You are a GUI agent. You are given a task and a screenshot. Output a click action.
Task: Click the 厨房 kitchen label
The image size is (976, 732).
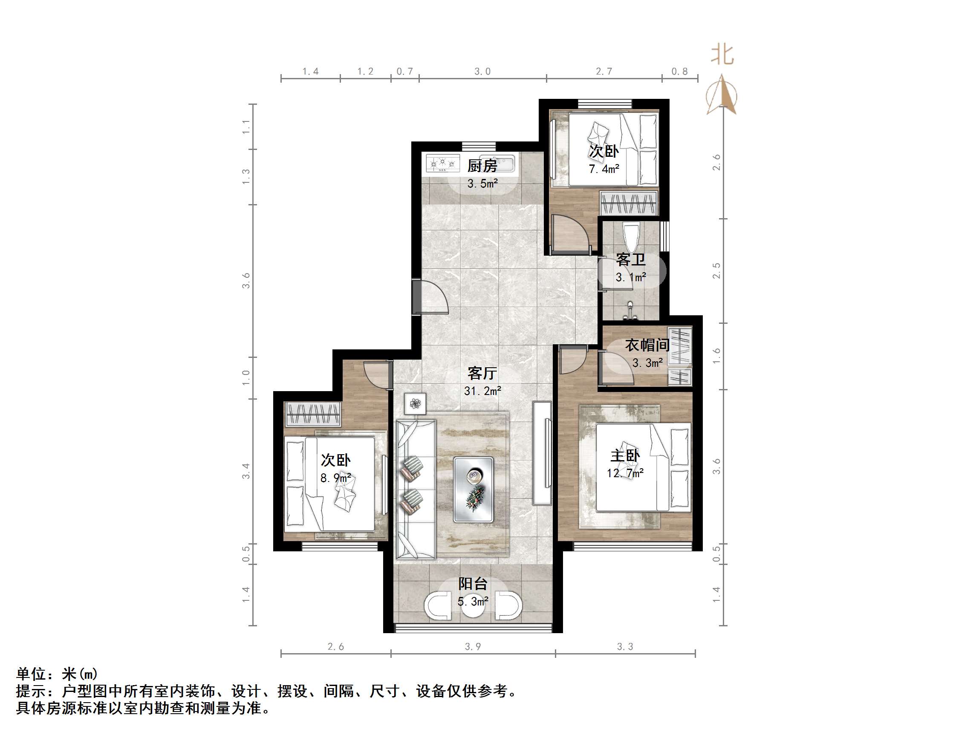tap(482, 166)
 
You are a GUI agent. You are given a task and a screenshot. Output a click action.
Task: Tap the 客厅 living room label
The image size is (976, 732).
tap(482, 373)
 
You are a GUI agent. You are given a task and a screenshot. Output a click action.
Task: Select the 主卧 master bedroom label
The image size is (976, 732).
tap(624, 455)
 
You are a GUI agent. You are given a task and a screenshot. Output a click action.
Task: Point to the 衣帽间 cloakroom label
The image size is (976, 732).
tap(647, 345)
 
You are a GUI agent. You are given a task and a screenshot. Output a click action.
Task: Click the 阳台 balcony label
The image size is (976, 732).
tap(473, 584)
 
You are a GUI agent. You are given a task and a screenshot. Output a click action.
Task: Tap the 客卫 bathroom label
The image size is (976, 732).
tap(630, 259)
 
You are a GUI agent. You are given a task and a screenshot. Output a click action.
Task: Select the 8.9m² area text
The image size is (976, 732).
tap(335, 478)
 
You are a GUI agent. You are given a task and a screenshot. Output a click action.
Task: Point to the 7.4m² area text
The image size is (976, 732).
tap(604, 169)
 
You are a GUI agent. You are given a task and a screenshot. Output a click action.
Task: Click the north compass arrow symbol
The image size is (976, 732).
tap(721, 95)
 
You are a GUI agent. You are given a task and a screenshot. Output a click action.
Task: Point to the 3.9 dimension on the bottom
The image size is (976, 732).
tap(473, 646)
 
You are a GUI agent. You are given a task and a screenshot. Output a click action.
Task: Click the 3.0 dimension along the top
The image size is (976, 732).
tap(482, 72)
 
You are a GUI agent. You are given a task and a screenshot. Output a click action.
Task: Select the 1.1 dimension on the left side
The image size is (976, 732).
tap(246, 127)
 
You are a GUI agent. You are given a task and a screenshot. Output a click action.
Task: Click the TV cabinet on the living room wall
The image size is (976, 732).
tap(542, 452)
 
